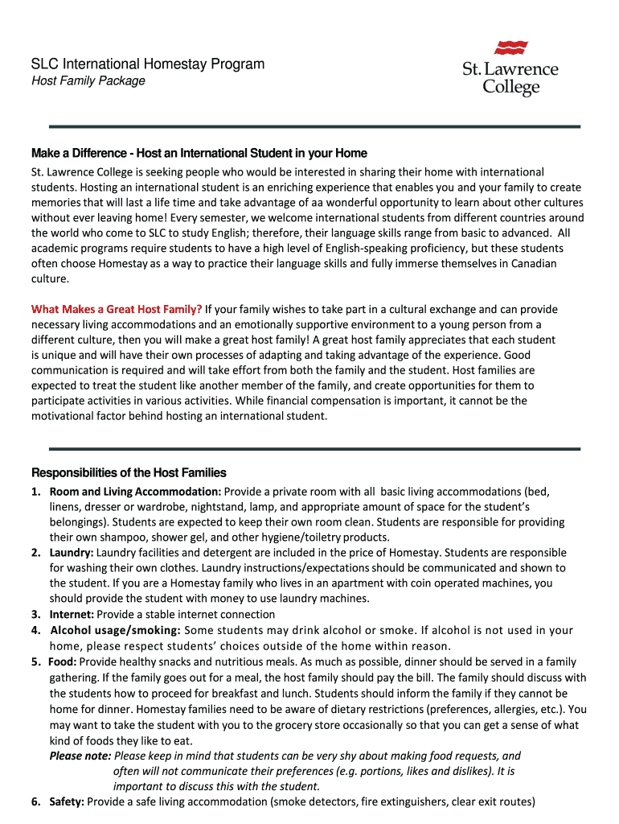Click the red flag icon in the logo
click(x=511, y=47)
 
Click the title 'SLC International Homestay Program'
click(x=147, y=64)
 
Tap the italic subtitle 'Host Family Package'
click(x=88, y=81)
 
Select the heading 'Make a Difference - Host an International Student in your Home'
click(x=199, y=153)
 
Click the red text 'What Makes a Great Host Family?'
click(x=117, y=309)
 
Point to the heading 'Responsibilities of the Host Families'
click(x=129, y=472)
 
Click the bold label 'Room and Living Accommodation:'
click(x=135, y=492)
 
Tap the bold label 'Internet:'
click(x=72, y=614)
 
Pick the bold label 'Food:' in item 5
click(x=63, y=662)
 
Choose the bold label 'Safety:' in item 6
click(x=67, y=801)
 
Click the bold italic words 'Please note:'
click(x=80, y=756)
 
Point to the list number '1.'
click(x=36, y=492)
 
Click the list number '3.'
click(x=36, y=614)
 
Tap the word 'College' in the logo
click(x=510, y=86)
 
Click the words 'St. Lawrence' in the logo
click(x=510, y=69)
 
